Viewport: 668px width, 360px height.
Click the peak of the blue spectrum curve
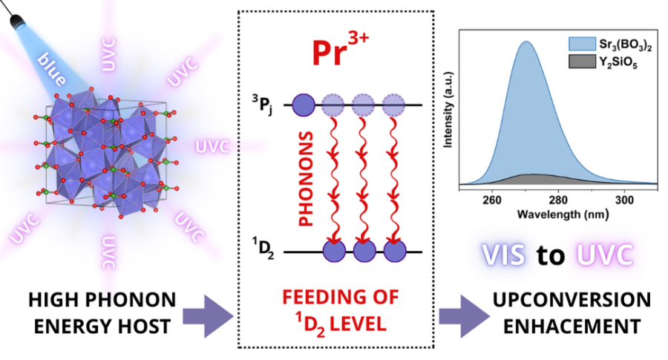point(525,42)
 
